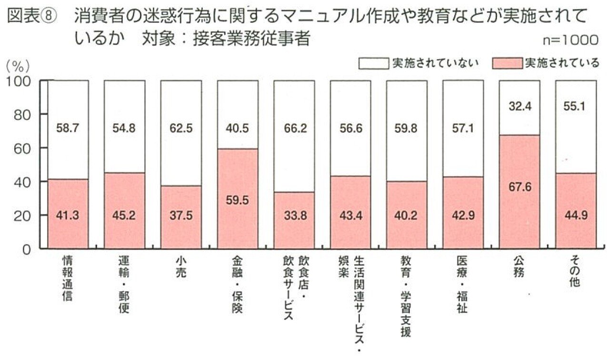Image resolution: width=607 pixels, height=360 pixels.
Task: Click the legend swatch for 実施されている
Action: [x=507, y=63]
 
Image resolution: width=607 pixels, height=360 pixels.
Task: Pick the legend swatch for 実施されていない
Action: [x=374, y=63]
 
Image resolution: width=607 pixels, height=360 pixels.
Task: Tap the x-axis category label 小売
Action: [x=180, y=268]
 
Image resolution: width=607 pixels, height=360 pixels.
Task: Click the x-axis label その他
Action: [x=575, y=272]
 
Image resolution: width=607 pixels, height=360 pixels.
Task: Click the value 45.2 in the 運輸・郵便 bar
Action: [x=124, y=215]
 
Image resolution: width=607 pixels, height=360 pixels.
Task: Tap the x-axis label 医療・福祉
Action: [x=463, y=285]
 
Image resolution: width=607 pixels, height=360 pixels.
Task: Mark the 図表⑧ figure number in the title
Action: [x=31, y=18]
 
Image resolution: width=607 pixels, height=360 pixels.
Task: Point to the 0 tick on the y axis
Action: [x=28, y=249]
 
